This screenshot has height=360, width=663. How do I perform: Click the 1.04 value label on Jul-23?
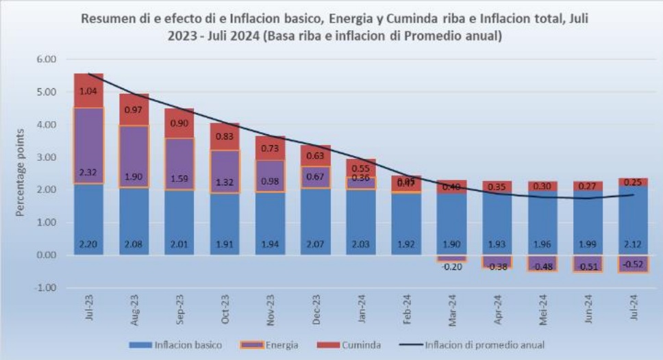click(x=88, y=91)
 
